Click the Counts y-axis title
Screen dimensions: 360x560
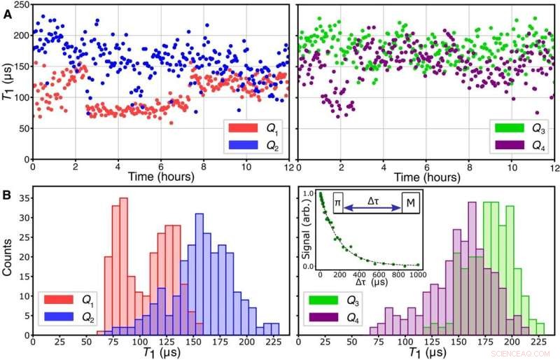(6, 260)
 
